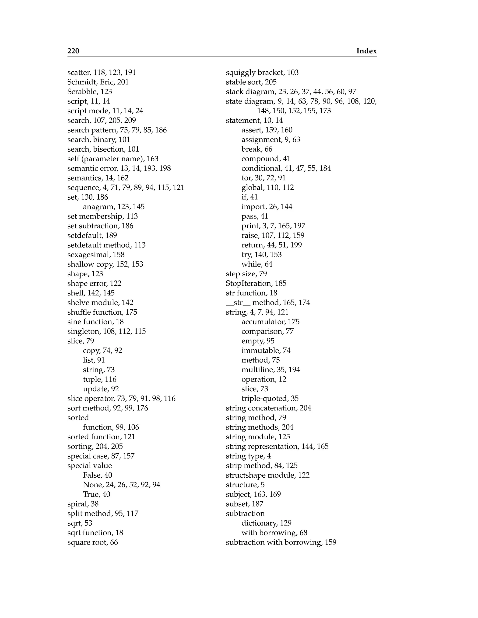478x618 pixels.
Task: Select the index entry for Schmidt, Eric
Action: [x=98, y=82]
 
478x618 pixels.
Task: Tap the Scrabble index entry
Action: [x=89, y=92]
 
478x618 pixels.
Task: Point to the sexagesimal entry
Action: [x=96, y=255]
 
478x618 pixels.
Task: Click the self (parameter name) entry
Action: [x=113, y=159]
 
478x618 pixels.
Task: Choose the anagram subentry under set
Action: [x=114, y=207]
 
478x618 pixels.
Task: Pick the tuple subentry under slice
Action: [x=99, y=379]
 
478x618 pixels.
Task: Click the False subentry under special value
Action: [x=97, y=475]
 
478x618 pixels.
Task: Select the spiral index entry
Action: [x=83, y=504]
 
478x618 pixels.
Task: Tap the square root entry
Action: [x=92, y=542]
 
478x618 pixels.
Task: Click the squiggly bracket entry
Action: [x=262, y=73]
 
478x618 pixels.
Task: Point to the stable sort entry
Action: [x=251, y=82]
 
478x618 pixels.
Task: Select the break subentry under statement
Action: [x=257, y=149]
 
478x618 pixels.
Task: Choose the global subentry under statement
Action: [x=268, y=187]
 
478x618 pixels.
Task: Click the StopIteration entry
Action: [x=256, y=283]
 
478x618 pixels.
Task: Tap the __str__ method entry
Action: [x=268, y=302]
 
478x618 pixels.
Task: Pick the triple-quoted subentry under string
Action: [x=270, y=398]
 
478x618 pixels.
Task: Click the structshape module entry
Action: [x=268, y=475]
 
